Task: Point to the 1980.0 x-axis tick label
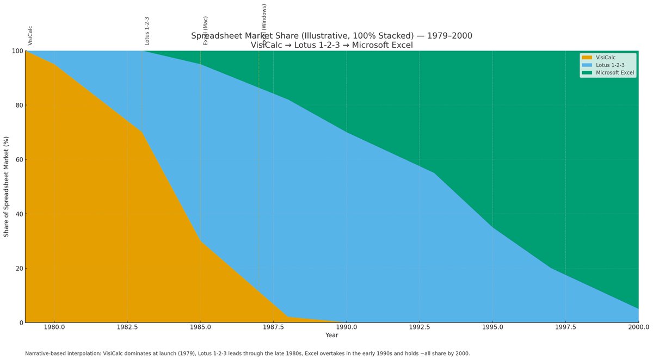pos(54,327)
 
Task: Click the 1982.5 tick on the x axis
pos(127,327)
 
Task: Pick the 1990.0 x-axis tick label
pos(346,327)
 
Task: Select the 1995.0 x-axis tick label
pos(492,327)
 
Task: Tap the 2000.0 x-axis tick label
pos(638,327)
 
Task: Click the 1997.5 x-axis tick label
pos(565,327)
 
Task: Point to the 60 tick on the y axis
pos(16,160)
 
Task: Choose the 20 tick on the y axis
pos(16,269)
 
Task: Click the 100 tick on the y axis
pos(14,51)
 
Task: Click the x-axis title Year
pos(332,336)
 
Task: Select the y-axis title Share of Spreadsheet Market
pos(7,187)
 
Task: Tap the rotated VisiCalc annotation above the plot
pos(30,35)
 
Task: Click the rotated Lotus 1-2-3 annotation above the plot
pos(147,30)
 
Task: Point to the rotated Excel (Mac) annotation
pos(205,30)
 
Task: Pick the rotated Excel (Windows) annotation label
pos(264,24)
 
